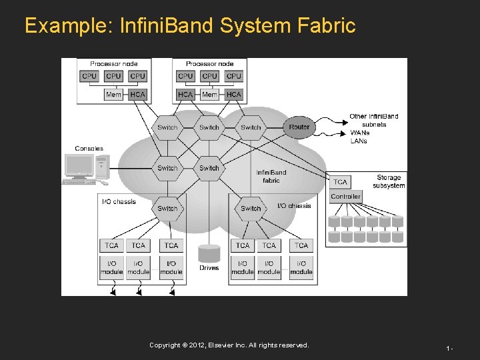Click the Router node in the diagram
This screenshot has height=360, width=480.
[299, 127]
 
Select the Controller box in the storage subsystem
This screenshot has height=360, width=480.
[345, 197]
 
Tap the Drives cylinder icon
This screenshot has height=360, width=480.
[209, 255]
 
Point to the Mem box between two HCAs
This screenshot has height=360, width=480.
[209, 95]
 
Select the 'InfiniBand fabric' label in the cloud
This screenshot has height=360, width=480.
[271, 176]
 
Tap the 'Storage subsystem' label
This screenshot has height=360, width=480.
[389, 181]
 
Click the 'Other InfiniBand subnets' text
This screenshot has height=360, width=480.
[373, 120]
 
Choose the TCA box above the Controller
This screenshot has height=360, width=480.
[341, 182]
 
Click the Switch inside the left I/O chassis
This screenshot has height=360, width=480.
[167, 209]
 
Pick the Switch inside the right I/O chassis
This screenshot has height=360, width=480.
[251, 209]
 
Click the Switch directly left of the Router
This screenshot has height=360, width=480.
[251, 127]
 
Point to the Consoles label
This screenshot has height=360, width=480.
[89, 149]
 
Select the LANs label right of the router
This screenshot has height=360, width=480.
[359, 141]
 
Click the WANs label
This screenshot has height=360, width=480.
[360, 133]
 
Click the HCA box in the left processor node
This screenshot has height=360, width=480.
[138, 95]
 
